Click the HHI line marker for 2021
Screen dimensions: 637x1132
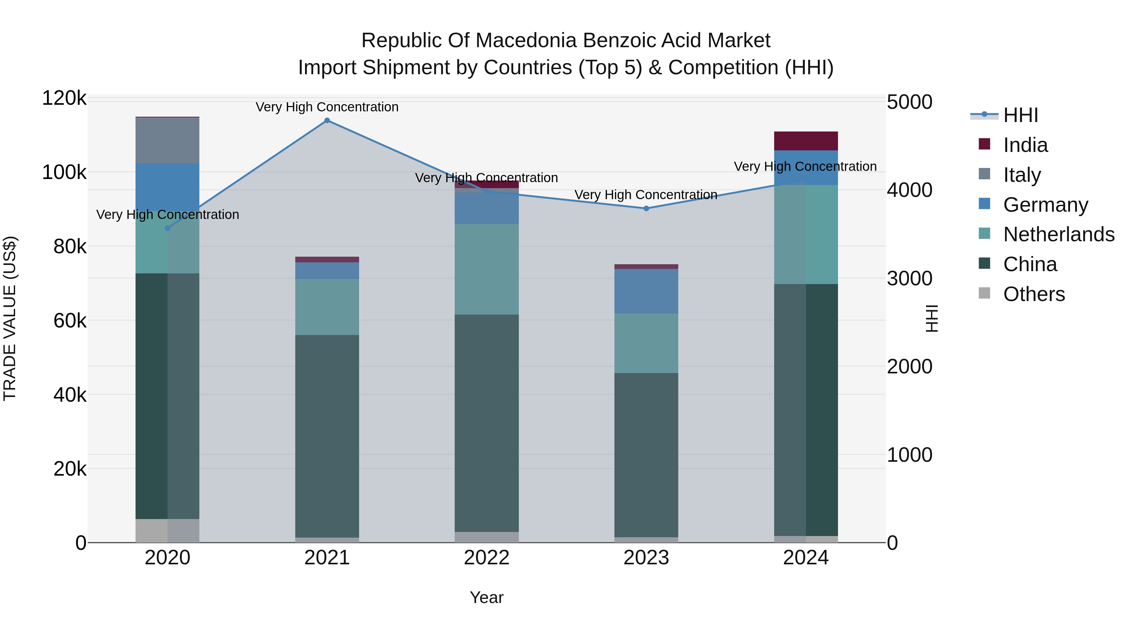[x=327, y=120]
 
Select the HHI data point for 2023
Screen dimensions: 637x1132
[x=646, y=208]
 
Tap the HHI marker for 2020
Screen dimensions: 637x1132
[x=167, y=228]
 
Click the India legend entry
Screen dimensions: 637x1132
[x=1025, y=145]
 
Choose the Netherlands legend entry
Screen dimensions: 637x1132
[x=1059, y=234]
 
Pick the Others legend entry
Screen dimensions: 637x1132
[x=1034, y=294]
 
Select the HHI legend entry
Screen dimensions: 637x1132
[x=1020, y=115]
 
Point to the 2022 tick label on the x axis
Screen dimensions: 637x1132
[x=486, y=558]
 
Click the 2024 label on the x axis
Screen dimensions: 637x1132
[x=806, y=558]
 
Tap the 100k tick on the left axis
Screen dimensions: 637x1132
[x=64, y=172]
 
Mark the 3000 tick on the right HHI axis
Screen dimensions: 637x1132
[x=909, y=278]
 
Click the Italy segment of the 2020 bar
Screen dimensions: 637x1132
[x=167, y=141]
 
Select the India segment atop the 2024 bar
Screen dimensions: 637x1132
[x=806, y=141]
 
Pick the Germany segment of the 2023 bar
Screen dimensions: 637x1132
[x=646, y=291]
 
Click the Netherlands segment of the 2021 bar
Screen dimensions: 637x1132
[x=327, y=307]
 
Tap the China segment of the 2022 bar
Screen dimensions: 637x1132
[x=486, y=423]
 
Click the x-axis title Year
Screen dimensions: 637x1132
[x=486, y=597]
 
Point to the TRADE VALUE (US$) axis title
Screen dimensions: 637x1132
[x=10, y=318]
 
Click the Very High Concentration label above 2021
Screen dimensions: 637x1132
[x=327, y=107]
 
